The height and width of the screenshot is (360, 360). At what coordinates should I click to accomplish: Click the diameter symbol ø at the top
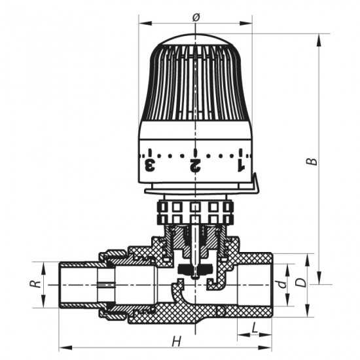[x=196, y=18]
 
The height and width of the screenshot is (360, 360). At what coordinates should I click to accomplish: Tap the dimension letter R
[x=39, y=285]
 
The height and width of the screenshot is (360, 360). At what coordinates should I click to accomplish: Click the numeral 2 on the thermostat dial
[x=195, y=163]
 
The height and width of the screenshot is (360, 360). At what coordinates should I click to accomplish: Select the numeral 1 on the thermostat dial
[x=240, y=162]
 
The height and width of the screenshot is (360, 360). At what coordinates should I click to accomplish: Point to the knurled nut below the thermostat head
[x=195, y=211]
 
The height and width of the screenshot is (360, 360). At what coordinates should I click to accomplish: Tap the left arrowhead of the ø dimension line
[x=142, y=25]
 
